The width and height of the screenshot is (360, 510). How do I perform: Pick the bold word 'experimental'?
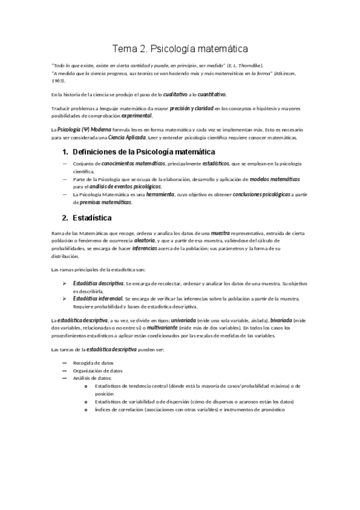click(137, 115)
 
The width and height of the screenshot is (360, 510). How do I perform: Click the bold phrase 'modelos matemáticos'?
click(275, 179)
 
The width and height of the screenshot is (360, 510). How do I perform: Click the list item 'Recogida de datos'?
click(93, 363)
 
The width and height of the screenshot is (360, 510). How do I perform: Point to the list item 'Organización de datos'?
click(97, 370)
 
